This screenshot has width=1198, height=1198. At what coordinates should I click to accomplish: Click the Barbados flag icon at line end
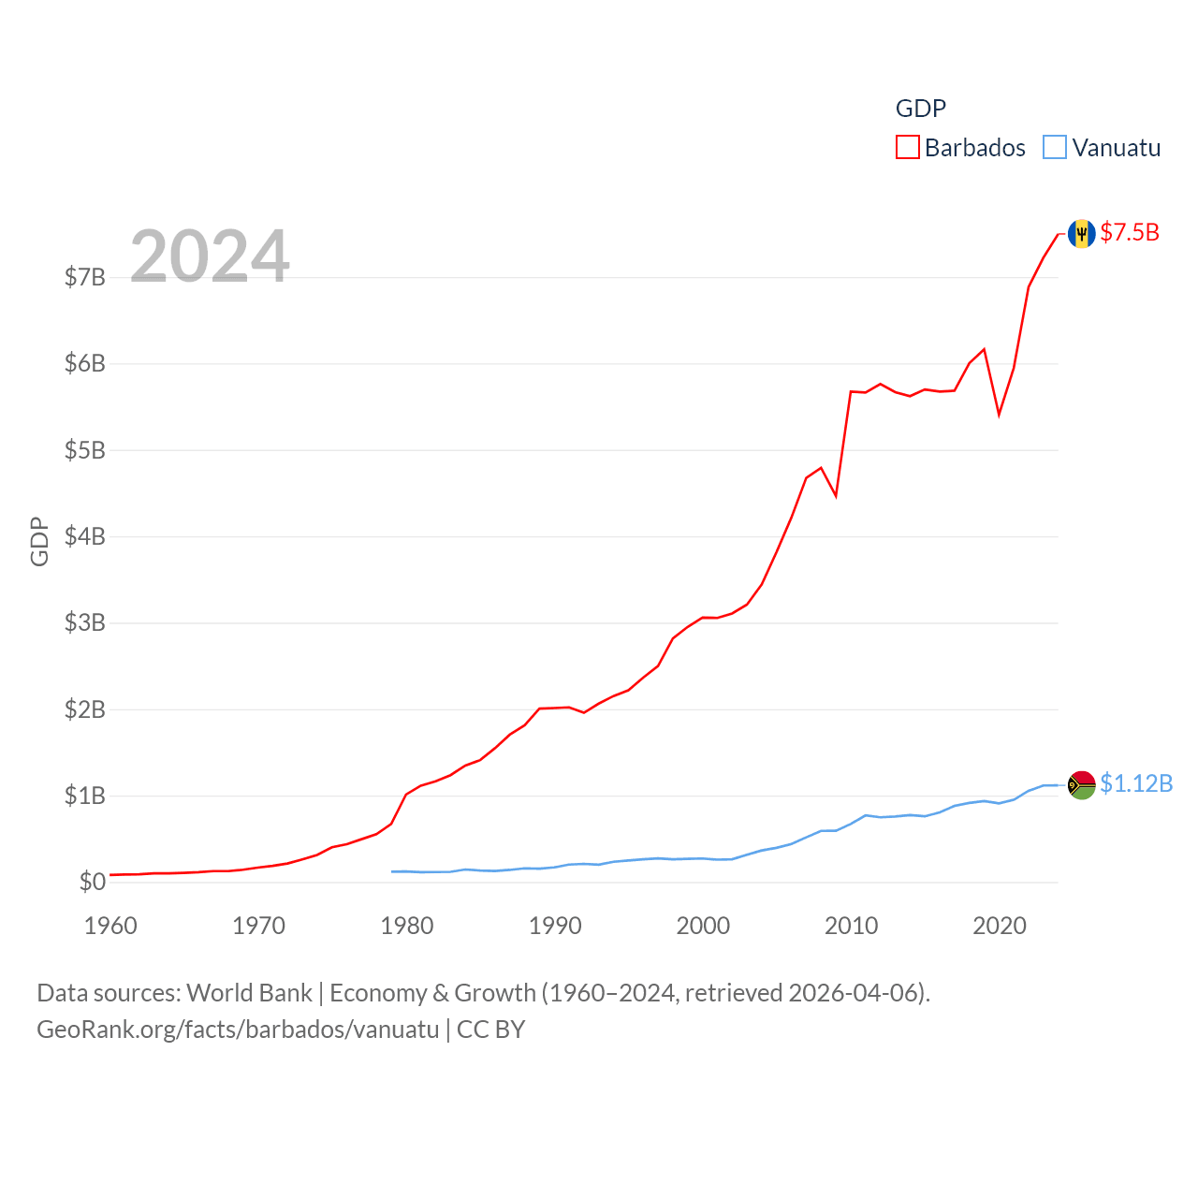tap(1081, 233)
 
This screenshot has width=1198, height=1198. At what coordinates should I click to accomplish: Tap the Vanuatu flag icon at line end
tap(1081, 784)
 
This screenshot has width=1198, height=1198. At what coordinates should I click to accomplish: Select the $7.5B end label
tap(1130, 232)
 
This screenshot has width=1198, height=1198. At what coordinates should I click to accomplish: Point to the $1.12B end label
tap(1136, 783)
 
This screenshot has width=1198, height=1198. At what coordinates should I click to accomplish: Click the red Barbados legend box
tap(907, 148)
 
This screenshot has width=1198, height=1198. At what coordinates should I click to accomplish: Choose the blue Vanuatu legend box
tap(1054, 148)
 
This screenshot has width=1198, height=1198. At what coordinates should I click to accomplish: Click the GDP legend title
tap(920, 109)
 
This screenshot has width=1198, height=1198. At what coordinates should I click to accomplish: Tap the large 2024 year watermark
tap(210, 256)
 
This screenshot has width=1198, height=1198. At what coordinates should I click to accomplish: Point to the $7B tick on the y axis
tap(84, 277)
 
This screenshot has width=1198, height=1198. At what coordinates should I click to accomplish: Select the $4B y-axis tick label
tap(84, 536)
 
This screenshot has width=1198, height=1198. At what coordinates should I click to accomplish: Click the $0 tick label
tap(92, 882)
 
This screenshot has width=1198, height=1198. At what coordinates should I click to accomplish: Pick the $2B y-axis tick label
tap(84, 709)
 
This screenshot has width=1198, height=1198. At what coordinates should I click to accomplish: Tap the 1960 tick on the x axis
tap(110, 926)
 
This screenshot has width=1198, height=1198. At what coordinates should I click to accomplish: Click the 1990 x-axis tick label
tap(555, 926)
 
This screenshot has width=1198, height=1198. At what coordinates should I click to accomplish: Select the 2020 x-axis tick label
tap(1000, 926)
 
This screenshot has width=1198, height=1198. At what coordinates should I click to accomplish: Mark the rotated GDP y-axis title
tap(39, 541)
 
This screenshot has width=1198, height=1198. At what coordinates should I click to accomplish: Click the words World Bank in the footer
tap(249, 992)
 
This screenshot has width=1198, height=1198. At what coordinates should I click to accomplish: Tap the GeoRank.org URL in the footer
tap(238, 1030)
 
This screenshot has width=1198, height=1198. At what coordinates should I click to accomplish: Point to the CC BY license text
tap(490, 1030)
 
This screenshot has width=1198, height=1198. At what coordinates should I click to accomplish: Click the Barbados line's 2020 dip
tap(999, 414)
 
